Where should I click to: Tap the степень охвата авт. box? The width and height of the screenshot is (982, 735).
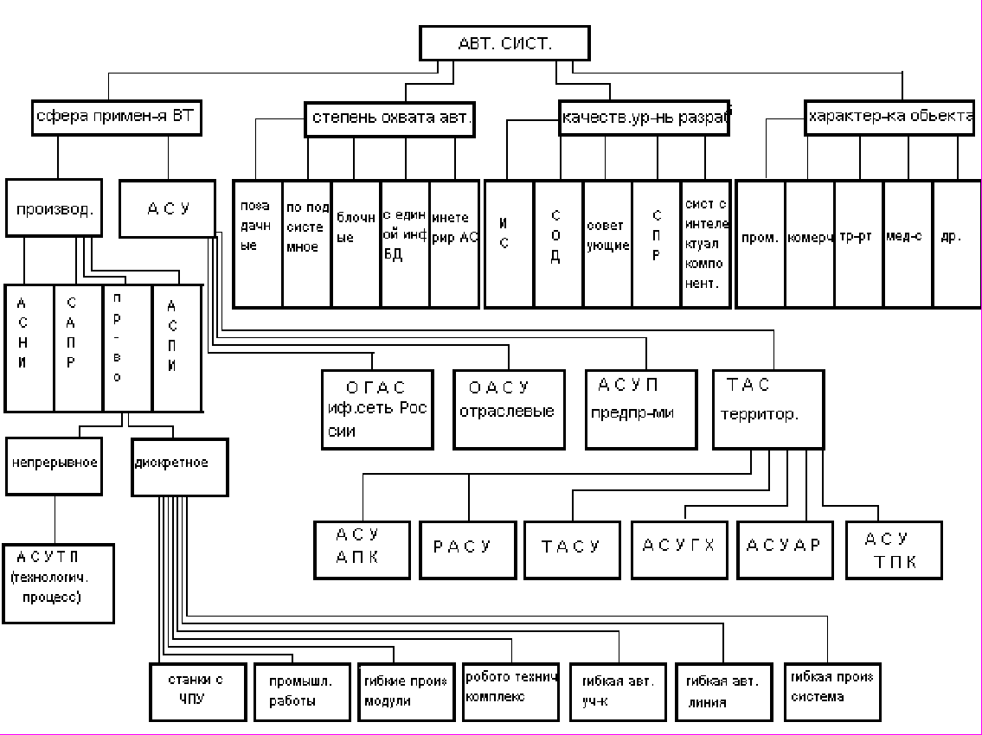click(x=390, y=119)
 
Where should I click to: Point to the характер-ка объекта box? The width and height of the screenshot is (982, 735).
click(x=891, y=118)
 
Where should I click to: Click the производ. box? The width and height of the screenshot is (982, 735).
click(x=54, y=208)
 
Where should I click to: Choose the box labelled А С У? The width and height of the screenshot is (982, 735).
click(x=167, y=208)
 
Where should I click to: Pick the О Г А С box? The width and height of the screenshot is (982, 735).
click(x=376, y=409)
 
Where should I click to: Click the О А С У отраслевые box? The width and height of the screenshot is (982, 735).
click(x=509, y=409)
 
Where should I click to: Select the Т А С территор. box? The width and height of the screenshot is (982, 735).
click(x=767, y=409)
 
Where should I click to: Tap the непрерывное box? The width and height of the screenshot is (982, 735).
click(x=55, y=465)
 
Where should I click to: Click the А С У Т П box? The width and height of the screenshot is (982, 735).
click(x=58, y=583)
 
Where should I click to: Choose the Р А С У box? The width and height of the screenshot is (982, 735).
click(x=463, y=549)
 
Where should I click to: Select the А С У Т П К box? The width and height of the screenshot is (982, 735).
click(x=893, y=549)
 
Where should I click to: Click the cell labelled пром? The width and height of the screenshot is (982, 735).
click(x=760, y=244)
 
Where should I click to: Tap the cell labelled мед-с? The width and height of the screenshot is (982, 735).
click(x=907, y=244)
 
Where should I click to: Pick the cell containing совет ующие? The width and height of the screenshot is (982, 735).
click(x=607, y=244)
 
